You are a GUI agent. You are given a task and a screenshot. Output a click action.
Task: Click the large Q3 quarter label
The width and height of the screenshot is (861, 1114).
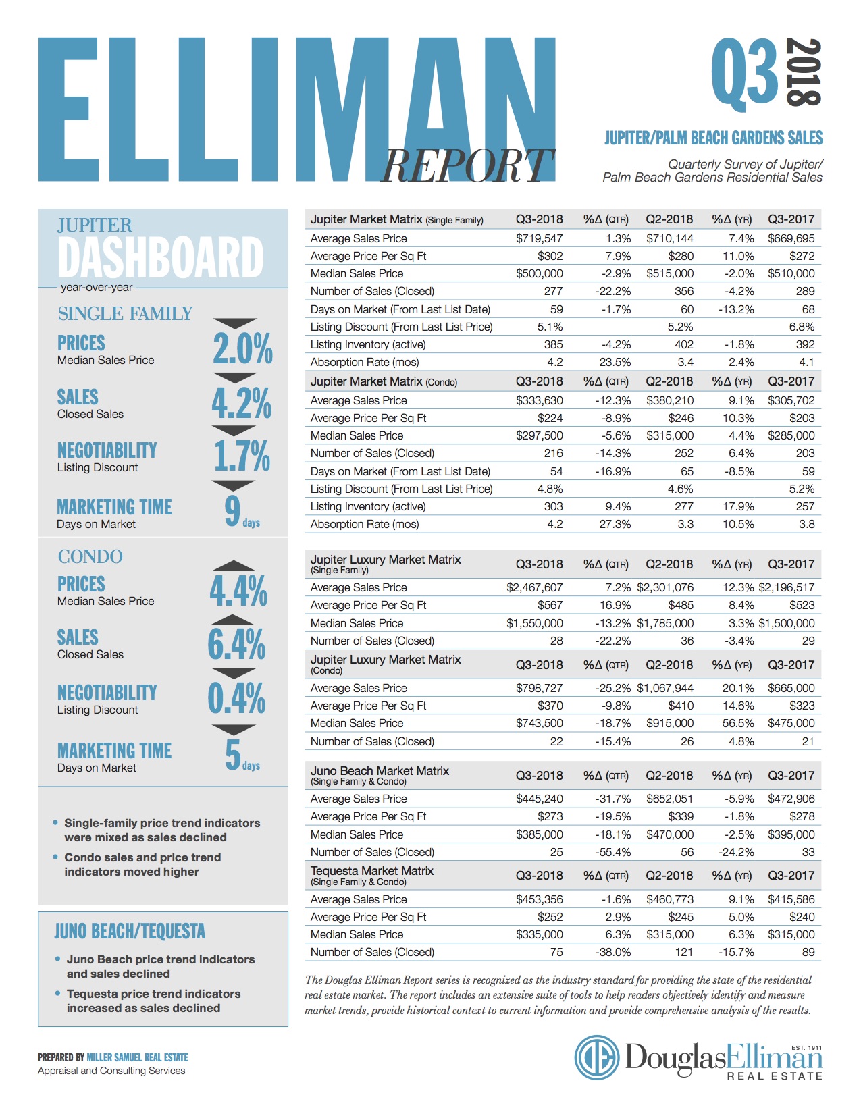744,75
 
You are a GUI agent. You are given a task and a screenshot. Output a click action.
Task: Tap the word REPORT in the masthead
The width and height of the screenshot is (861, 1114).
467,165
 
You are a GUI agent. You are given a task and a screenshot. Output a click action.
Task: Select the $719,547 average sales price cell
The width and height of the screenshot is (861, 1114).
539,238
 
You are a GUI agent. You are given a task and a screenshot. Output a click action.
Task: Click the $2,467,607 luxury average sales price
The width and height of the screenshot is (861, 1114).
534,587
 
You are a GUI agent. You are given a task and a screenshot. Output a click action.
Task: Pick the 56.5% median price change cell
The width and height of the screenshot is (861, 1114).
739,723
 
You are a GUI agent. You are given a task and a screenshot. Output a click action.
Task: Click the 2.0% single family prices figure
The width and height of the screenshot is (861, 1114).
242,348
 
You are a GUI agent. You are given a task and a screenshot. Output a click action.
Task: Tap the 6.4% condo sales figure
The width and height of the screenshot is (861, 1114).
236,644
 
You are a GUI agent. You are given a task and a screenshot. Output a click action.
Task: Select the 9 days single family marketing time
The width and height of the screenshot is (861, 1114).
242,512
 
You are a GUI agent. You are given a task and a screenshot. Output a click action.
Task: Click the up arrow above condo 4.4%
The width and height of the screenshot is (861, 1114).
234,566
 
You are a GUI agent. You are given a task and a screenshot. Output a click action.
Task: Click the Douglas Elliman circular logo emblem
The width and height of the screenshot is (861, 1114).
596,1057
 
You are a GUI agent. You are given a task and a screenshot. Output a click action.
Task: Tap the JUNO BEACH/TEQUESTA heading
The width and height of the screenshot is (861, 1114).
130,931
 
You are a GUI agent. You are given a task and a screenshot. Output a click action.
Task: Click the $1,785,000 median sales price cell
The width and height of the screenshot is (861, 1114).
665,623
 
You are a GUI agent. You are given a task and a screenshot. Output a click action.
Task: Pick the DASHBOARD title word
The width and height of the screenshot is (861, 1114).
161,257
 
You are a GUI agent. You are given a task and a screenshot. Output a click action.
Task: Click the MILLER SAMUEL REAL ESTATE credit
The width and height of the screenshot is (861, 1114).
138,1057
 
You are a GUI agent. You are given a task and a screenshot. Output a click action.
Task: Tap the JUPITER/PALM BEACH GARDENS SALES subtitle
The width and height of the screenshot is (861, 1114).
713,138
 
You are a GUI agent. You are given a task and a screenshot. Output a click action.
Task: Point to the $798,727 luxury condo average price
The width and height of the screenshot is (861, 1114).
539,688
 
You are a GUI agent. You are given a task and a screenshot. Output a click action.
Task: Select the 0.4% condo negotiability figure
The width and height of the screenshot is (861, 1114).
236,698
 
